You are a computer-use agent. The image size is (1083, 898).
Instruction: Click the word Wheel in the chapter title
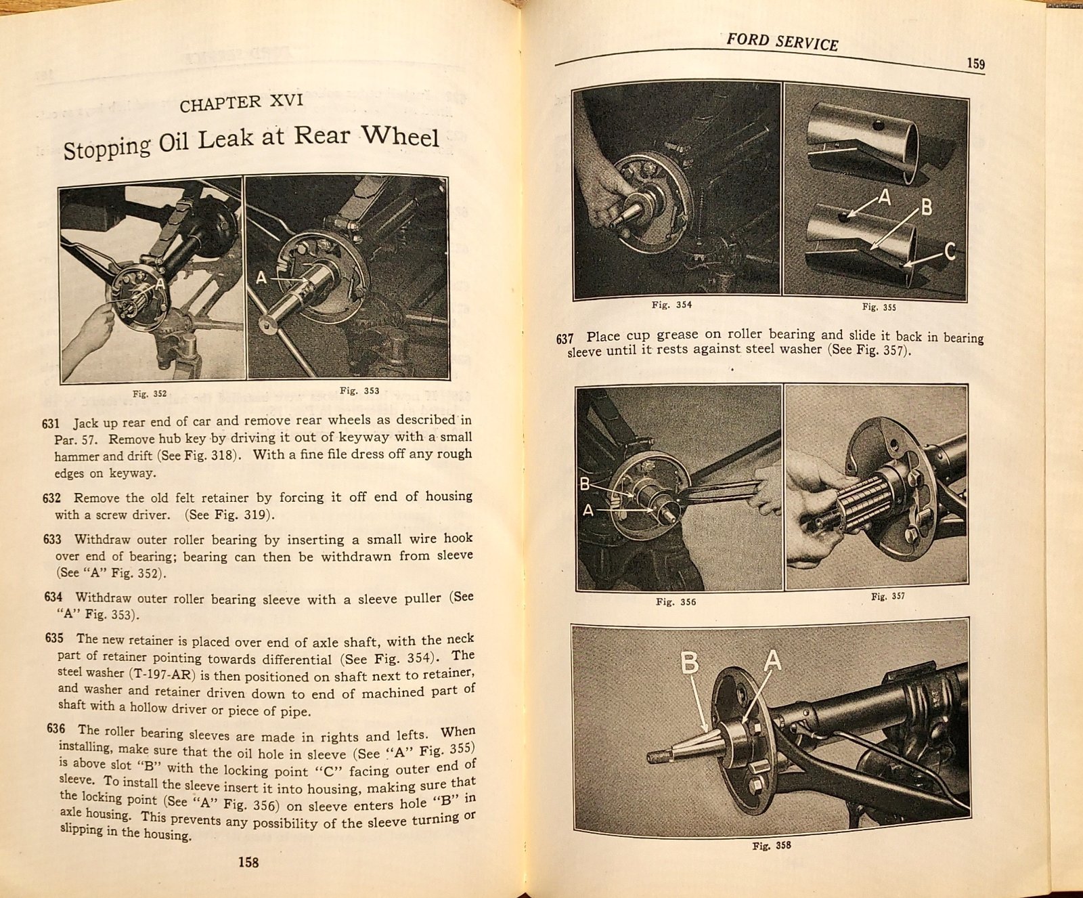400,136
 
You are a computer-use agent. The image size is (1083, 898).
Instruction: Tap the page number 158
248,862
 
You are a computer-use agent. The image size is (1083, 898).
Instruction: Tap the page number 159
975,64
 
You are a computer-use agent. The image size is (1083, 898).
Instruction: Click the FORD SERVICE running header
782,42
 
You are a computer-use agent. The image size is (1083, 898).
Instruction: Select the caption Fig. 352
150,393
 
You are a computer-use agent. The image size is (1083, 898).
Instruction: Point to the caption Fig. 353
359,391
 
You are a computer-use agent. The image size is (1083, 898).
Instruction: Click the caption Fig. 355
879,307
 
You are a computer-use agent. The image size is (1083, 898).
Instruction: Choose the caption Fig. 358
771,845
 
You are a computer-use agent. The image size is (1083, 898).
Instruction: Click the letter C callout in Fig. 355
950,252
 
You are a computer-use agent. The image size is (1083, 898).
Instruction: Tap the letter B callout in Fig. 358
689,662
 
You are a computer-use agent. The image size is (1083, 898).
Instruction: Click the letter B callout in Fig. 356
585,484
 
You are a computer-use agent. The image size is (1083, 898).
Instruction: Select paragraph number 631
51,424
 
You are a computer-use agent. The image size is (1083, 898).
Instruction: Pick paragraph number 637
565,338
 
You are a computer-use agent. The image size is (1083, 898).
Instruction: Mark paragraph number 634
53,597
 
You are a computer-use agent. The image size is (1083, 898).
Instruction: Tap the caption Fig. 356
676,601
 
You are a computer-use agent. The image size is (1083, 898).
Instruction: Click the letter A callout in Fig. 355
884,197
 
